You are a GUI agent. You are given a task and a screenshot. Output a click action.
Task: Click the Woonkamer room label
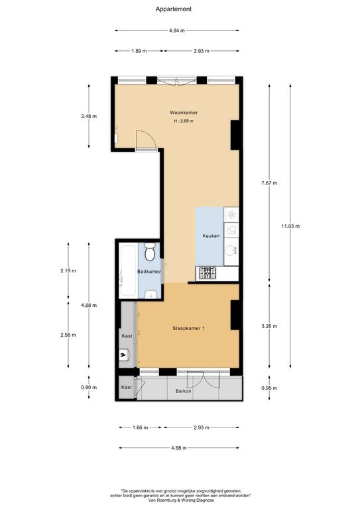coord(184,113)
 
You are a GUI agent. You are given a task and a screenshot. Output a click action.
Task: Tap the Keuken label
coord(211,236)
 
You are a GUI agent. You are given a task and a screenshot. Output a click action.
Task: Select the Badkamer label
coord(149,272)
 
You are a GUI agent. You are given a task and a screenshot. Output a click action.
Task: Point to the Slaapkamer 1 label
coord(188,328)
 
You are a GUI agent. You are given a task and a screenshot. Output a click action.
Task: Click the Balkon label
coord(184,391)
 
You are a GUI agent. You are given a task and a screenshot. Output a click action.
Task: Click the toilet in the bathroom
coord(150,252)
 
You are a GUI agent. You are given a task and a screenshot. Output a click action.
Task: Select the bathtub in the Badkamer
coord(127,271)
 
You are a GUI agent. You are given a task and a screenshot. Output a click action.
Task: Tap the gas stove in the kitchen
coord(208,273)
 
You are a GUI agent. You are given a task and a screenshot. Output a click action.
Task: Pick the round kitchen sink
coord(231,251)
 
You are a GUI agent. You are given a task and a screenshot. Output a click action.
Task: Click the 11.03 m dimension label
coord(290,226)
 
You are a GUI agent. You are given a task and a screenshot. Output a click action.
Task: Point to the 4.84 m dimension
coord(177,30)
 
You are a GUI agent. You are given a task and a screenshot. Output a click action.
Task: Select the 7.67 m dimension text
coord(269,183)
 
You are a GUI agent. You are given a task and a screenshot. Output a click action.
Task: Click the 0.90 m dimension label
coord(89,387)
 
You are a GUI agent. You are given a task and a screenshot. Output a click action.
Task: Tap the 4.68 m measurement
coord(179,448)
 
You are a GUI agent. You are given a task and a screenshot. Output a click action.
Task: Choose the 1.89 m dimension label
coord(139,51)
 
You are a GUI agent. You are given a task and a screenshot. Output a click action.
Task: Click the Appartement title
coord(173,9)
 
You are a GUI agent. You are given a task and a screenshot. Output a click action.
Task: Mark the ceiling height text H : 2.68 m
coord(184,121)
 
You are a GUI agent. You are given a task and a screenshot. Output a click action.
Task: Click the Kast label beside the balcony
coord(126,387)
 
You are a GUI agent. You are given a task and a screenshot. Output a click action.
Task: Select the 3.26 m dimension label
coord(269,326)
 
